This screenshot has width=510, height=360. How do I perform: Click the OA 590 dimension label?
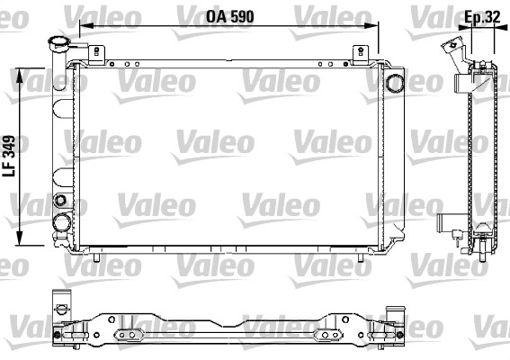click(x=230, y=16)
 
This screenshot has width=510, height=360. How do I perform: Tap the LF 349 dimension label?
click(x=9, y=156)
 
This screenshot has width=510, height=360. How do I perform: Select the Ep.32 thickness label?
click(x=482, y=17)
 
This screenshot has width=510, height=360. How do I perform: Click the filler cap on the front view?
click(x=58, y=42)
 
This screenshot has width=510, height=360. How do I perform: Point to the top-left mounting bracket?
click(x=96, y=54)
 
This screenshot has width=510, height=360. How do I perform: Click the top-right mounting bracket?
click(x=361, y=54)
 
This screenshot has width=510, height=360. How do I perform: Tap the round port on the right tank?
click(x=395, y=83)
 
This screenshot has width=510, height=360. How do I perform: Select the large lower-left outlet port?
click(x=61, y=223)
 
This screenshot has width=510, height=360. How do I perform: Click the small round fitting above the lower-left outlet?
click(x=60, y=200)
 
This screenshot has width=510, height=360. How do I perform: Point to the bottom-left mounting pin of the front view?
click(x=96, y=257)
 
